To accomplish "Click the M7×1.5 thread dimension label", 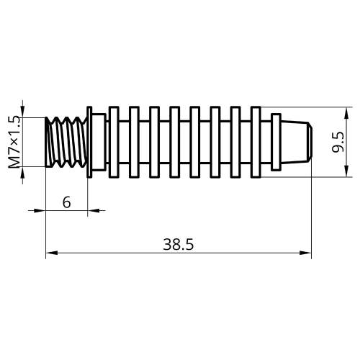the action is [x=14, y=142].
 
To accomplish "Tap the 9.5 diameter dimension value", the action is [x=338, y=143].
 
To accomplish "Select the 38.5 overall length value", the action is [x=179, y=245].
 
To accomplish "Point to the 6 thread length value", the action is [x=67, y=202].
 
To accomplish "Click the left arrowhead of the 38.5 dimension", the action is [x=52, y=253].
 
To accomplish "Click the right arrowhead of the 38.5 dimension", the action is [x=305, y=253].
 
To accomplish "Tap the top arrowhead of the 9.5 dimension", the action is [x=346, y=112].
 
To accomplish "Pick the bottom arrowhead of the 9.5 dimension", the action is [x=346, y=171].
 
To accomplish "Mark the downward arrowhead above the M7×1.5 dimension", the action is [x=22, y=112].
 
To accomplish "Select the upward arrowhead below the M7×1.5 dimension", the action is [x=22, y=173].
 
